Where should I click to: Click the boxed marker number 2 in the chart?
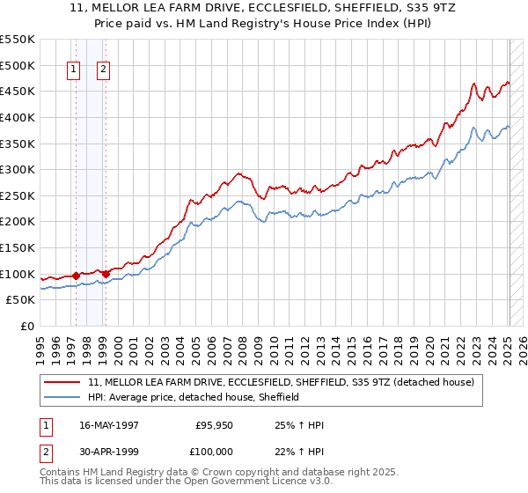coord(103,71)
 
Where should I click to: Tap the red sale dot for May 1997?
coord(76,276)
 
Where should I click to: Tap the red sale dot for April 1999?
coord(106,274)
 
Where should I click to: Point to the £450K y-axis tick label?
coord(18,91)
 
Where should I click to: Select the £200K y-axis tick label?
coord(18,221)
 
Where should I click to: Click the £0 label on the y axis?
coord(26,326)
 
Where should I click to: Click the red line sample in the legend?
coord(63,382)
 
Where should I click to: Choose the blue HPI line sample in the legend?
coord(63,397)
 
